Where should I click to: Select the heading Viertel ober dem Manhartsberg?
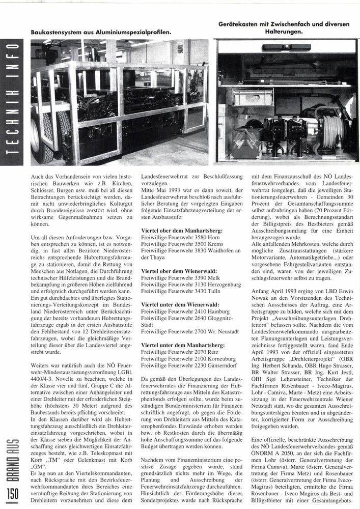(x=180, y=231)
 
